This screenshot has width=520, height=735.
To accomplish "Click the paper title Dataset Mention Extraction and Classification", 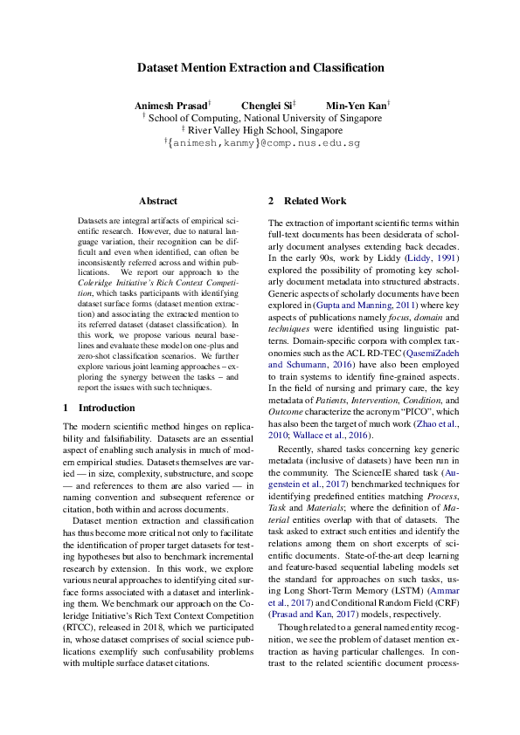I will pos(260,67).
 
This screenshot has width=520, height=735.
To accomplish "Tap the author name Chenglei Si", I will pos(268,106).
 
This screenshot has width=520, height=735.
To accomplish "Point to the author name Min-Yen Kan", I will pos(356,106).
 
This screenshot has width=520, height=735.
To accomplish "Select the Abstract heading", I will pos(158,201).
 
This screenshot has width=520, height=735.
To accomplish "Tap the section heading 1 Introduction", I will pos(98,408).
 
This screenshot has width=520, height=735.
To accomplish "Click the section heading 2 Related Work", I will pos(307,201).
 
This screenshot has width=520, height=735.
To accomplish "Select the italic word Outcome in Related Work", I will pos(286,410).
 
